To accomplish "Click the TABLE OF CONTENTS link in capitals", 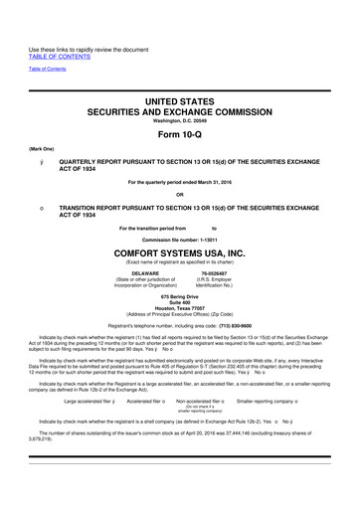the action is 61,30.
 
